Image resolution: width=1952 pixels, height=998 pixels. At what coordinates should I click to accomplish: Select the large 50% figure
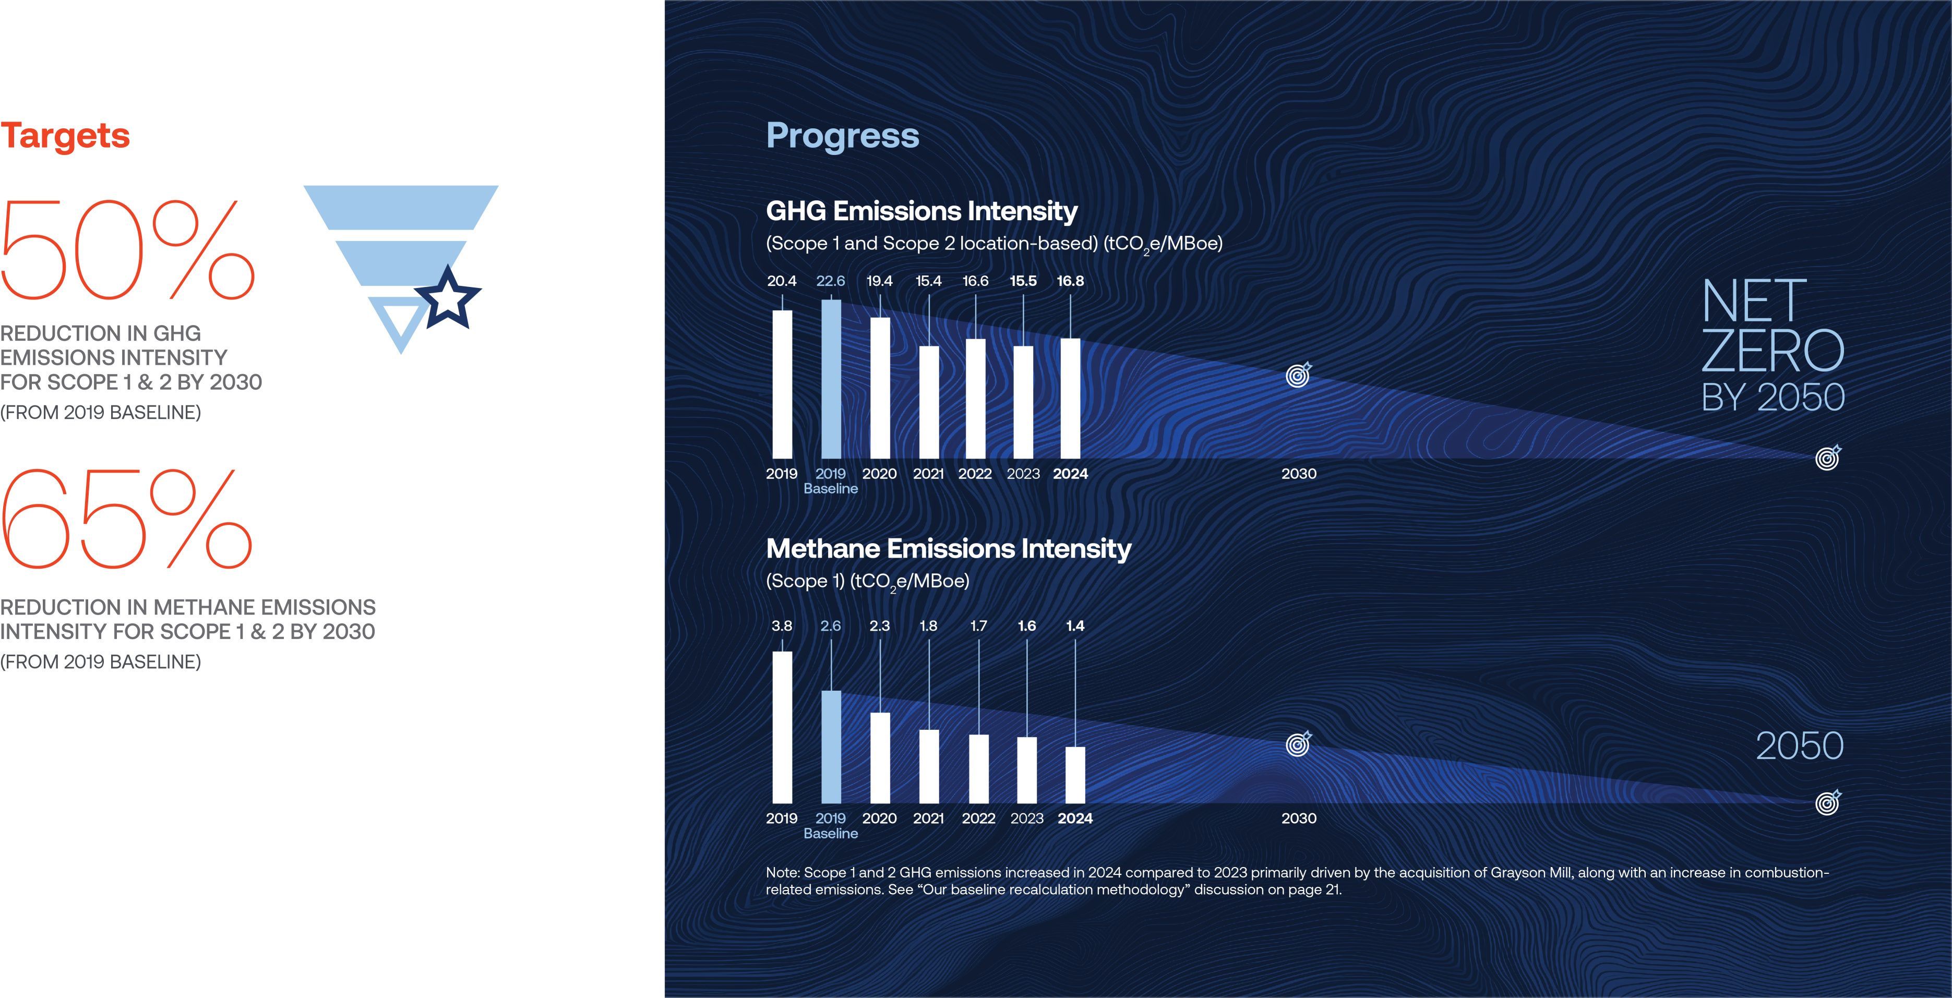click(x=127, y=249)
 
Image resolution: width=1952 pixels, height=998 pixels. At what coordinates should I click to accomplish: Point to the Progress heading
click(x=843, y=136)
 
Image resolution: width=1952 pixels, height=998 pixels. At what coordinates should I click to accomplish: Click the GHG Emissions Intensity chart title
click(x=921, y=211)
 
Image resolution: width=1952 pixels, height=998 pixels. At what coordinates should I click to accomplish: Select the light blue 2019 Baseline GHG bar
click(x=831, y=379)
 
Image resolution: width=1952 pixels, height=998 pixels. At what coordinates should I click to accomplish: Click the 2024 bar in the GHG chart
click(x=1070, y=399)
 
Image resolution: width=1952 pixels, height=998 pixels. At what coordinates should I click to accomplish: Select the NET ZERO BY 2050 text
click(x=1773, y=345)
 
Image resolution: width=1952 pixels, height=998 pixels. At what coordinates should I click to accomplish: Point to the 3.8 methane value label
click(x=781, y=626)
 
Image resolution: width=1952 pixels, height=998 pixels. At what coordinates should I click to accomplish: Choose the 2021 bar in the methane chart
click(x=929, y=766)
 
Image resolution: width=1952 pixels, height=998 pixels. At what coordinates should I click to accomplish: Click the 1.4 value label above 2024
click(x=1074, y=626)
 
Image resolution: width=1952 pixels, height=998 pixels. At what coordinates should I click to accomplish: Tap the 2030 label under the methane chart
click(x=1299, y=819)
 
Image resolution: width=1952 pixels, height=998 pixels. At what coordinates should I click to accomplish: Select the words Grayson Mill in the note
click(x=1531, y=872)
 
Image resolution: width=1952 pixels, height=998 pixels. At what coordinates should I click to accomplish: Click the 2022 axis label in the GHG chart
click(x=975, y=474)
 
